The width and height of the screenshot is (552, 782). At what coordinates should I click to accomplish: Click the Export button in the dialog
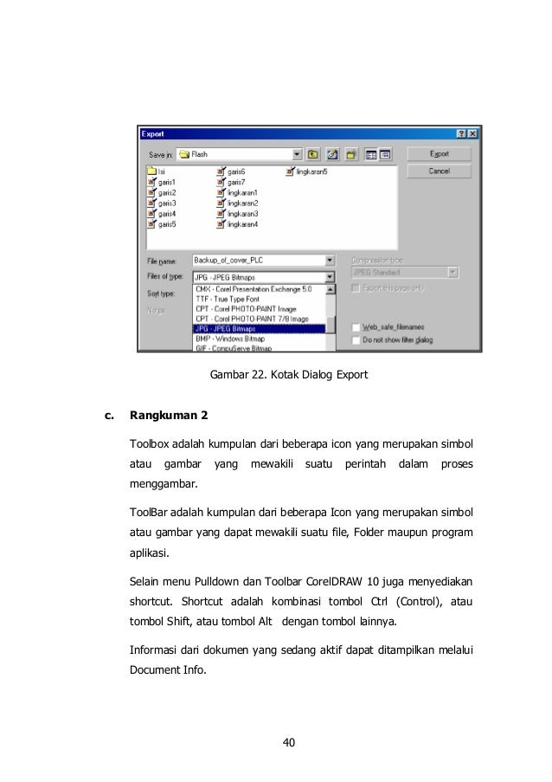(x=439, y=154)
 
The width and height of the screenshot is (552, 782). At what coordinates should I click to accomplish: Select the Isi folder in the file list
(x=161, y=172)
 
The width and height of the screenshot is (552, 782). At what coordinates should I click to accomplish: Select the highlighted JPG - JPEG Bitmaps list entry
(x=258, y=328)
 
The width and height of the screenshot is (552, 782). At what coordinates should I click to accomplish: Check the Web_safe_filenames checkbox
(x=356, y=327)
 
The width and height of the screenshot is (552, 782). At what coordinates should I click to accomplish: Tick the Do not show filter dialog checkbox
(x=356, y=340)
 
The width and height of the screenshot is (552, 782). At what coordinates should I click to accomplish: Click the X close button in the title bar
(x=472, y=134)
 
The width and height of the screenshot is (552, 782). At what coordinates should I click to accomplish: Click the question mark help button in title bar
(x=460, y=134)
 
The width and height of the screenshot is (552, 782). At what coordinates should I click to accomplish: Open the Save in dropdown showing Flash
(x=298, y=155)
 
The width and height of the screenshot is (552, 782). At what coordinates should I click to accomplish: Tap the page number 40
(x=289, y=741)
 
